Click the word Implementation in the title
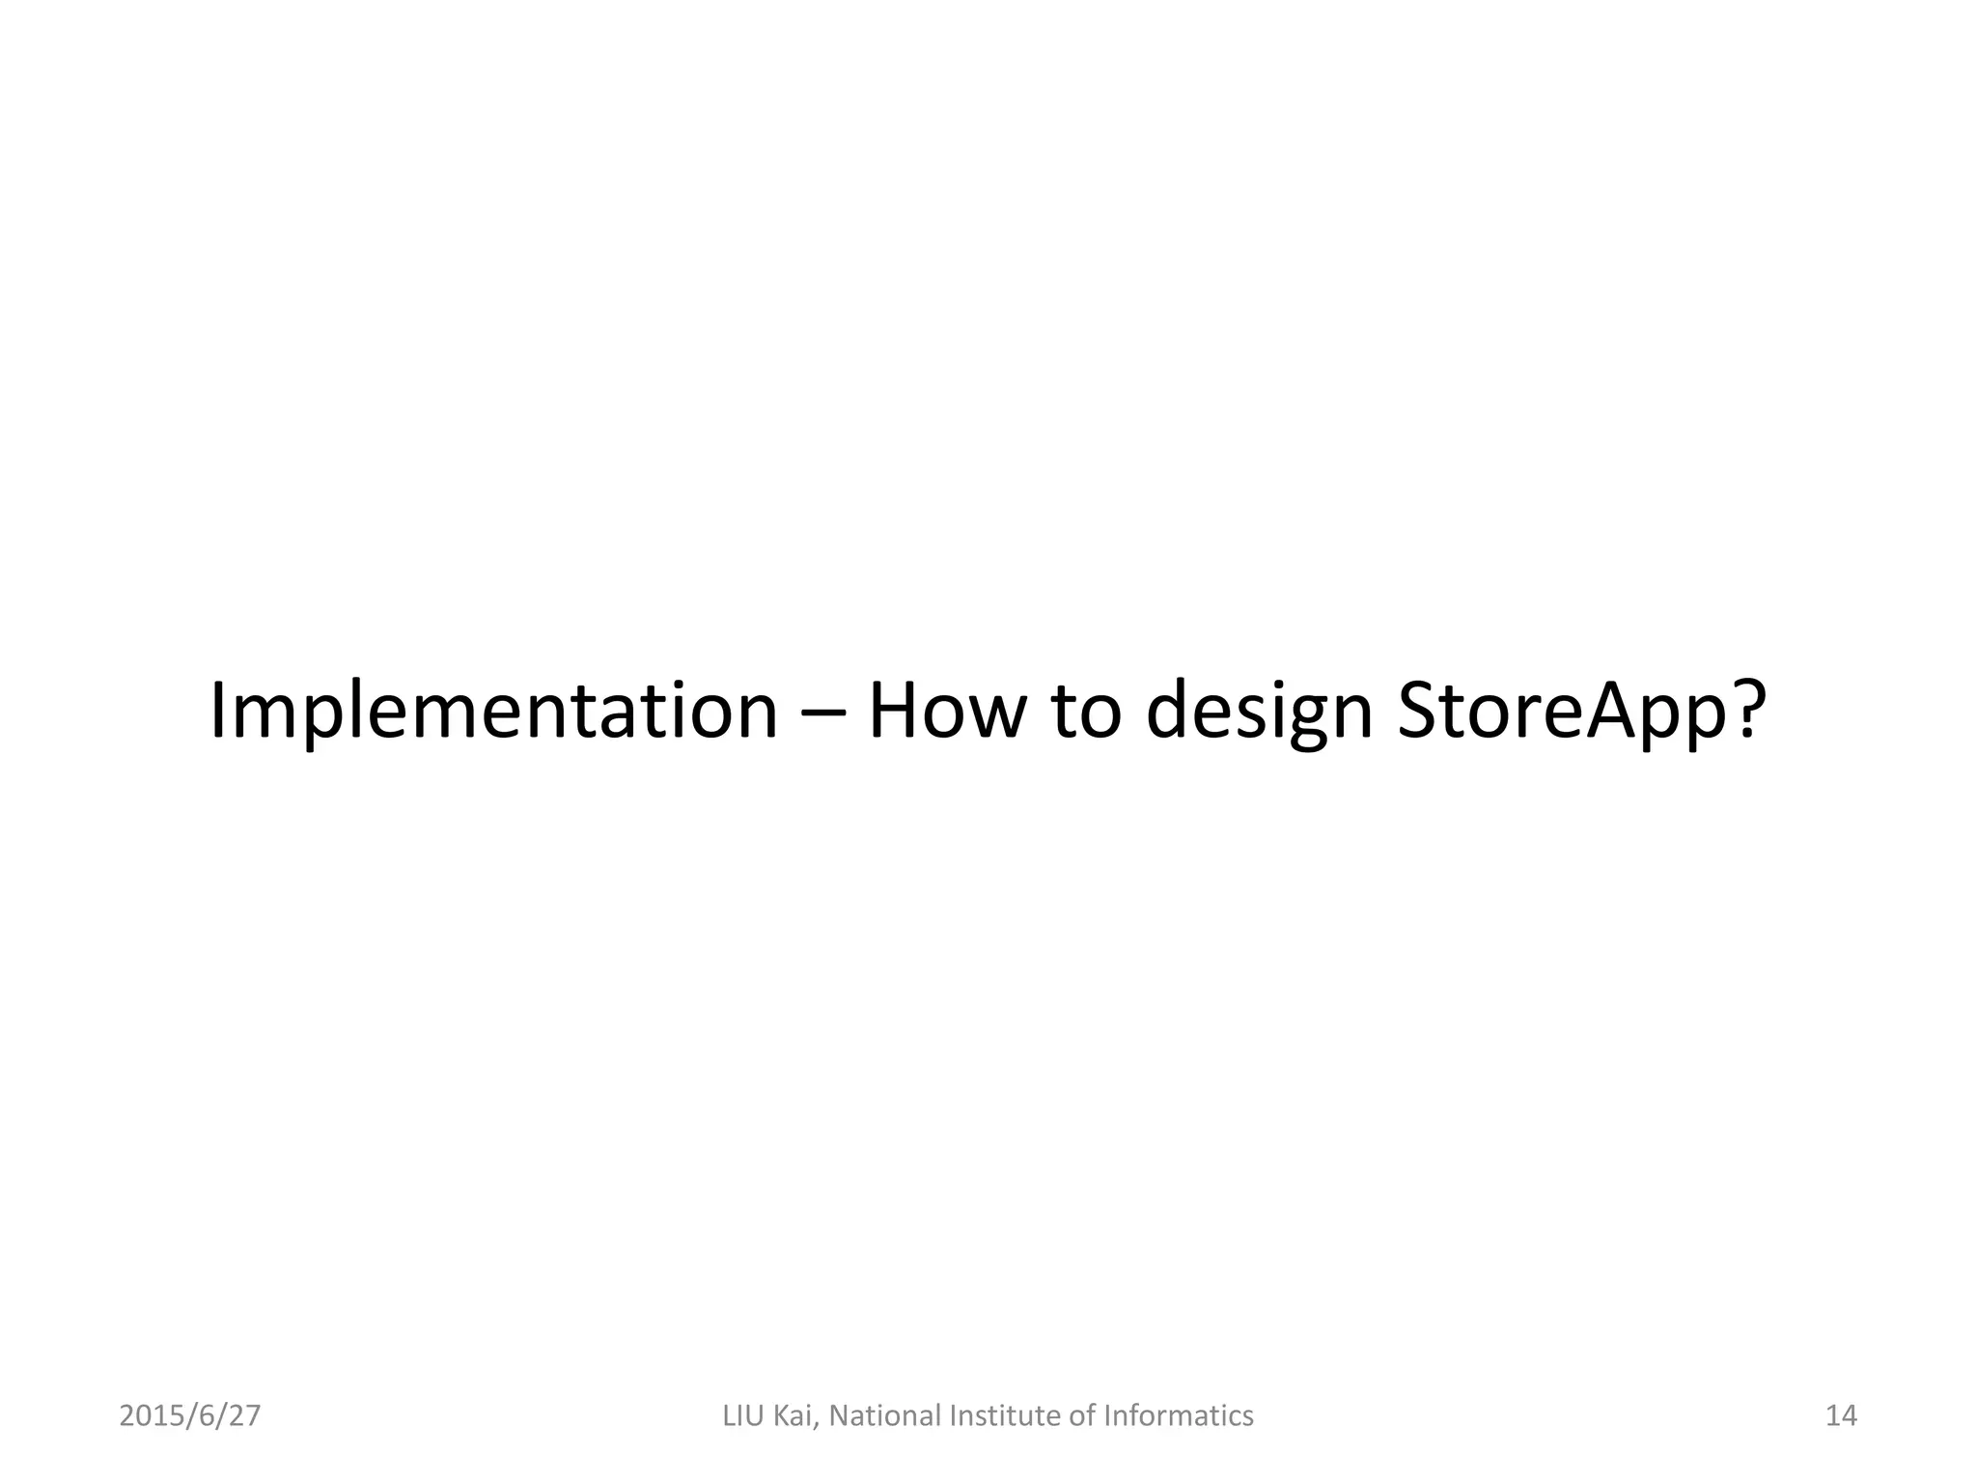point(493,712)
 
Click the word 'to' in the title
point(1087,714)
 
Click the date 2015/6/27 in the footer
point(190,1416)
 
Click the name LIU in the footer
point(744,1416)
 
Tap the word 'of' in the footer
point(1084,1416)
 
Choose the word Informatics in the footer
point(1179,1416)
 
